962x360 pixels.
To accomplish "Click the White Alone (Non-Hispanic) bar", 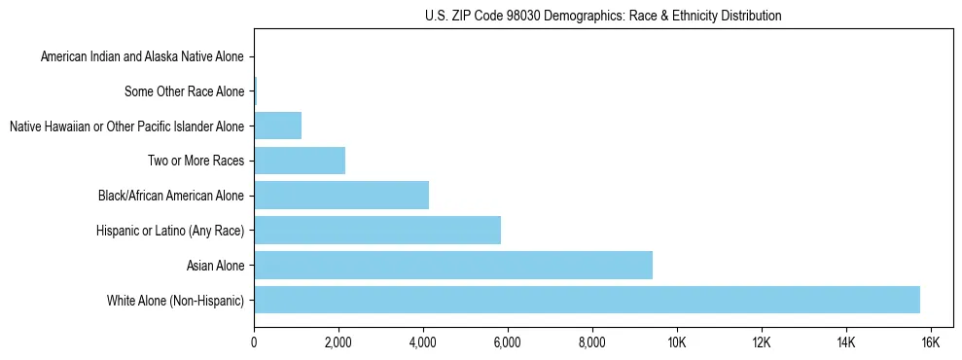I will tap(587, 300).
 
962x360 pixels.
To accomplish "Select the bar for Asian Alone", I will tap(453, 265).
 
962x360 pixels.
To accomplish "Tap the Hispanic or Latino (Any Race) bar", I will tap(377, 230).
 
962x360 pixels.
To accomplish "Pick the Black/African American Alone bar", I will tap(341, 196).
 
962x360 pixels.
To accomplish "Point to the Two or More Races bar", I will tap(300, 161).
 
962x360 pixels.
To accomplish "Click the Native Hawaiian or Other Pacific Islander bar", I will tap(278, 126).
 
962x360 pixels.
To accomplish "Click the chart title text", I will tap(603, 16).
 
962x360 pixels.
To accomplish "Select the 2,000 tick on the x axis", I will tap(338, 342).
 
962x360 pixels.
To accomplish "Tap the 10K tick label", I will tap(676, 342).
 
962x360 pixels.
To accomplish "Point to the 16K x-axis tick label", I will tap(930, 342).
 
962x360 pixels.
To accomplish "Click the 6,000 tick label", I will tap(508, 342).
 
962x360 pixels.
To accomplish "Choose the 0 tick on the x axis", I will tap(254, 342).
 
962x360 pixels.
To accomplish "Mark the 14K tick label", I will tap(845, 342).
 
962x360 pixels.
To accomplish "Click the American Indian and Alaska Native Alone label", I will tap(142, 57).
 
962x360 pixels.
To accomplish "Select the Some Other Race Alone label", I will tap(185, 91).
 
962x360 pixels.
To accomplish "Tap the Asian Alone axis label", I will tap(215, 266).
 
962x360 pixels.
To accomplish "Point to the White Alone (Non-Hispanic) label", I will tap(176, 301).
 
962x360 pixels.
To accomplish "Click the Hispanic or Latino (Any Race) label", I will tap(170, 231).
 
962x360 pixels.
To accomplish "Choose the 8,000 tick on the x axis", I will tap(592, 342).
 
